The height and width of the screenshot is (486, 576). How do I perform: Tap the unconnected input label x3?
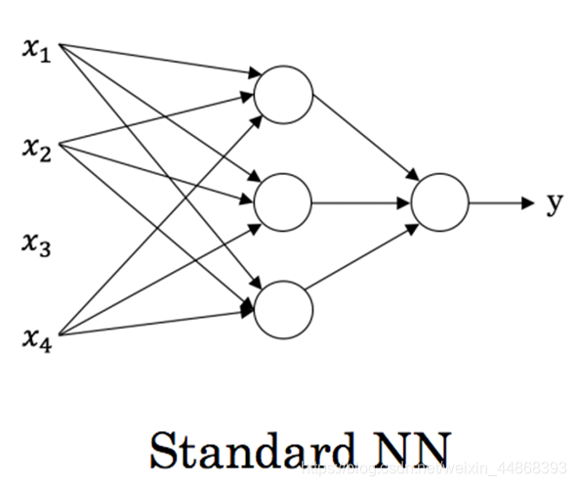point(36,243)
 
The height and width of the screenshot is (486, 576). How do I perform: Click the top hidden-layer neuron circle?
point(283,95)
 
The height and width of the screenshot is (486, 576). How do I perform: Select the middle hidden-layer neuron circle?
point(283,201)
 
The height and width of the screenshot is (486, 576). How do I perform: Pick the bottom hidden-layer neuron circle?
point(283,309)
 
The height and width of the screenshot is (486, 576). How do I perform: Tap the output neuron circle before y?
point(440,202)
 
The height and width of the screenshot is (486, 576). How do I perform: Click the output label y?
point(554,202)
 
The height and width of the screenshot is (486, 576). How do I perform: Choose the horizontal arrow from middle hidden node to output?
point(361,202)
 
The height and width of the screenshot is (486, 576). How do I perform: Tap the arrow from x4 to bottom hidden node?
point(156,324)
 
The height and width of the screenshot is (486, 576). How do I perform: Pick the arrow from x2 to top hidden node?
point(156,122)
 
